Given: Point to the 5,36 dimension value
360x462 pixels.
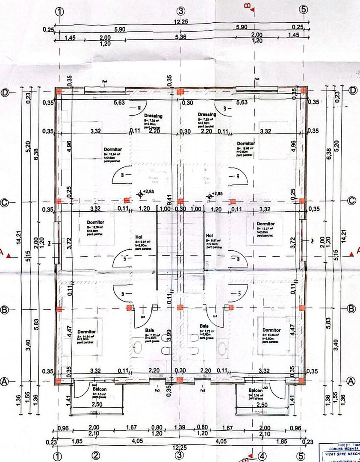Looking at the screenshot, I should pos(181,37).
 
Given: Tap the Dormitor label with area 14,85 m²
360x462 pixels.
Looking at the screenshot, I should pos(272,330).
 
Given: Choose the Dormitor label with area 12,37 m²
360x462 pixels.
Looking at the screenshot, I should pos(266,224).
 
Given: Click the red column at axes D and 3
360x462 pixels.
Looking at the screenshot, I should pos(180,91).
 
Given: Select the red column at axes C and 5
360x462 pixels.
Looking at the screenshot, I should pos(301,201).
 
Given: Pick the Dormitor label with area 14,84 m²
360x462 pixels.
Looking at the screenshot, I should pos(87,332).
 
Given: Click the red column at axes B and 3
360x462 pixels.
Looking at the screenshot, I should pos(180,307).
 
